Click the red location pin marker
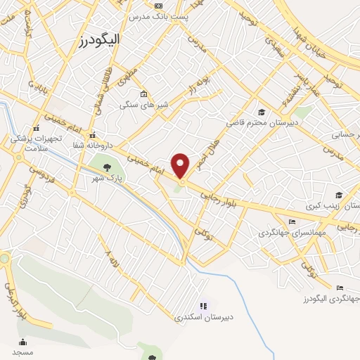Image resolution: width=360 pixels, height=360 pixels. (x=181, y=165)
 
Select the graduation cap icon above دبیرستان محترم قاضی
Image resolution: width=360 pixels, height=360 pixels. (x=262, y=112)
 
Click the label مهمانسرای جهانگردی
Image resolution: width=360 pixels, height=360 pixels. (x=288, y=231)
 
